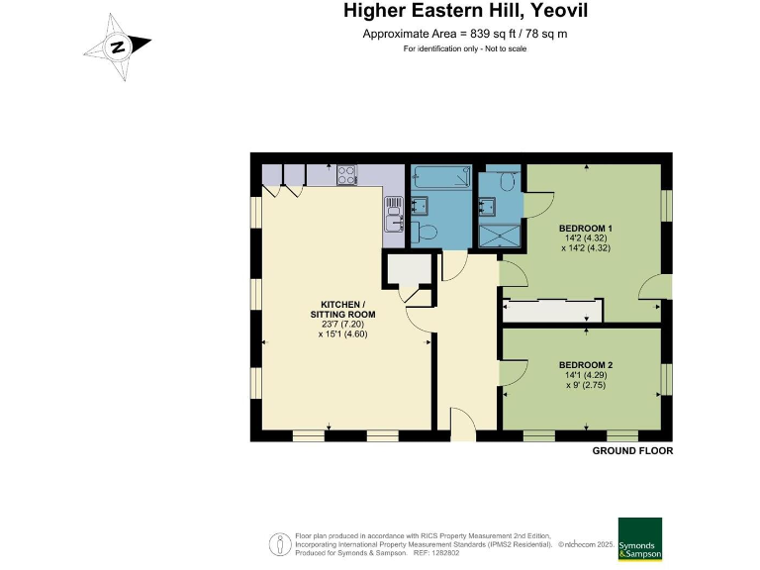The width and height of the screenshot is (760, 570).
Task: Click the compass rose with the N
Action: click(118, 47)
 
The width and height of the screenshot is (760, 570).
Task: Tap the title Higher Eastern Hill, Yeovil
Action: click(465, 10)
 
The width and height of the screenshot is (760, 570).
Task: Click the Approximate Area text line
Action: click(465, 34)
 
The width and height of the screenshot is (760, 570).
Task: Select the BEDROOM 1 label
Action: click(586, 229)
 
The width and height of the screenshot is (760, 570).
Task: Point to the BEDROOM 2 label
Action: click(586, 365)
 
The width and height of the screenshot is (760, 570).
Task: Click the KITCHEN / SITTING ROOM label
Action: click(342, 309)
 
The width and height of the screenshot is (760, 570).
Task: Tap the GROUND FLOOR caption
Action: click(632, 451)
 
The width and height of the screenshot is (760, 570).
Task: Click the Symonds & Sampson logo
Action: click(640, 539)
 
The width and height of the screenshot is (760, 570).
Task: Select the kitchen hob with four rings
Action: click(347, 175)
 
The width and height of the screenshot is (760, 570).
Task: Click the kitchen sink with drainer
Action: click(394, 214)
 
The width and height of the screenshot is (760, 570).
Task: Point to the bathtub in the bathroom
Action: click(440, 177)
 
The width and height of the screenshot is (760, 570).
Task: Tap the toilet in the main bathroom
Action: click(424, 232)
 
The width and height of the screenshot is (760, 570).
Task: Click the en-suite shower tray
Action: click(499, 236)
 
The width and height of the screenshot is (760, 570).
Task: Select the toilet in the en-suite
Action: click(508, 181)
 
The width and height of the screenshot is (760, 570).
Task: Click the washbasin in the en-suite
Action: click(487, 206)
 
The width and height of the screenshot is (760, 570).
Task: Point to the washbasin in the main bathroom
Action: click(420, 205)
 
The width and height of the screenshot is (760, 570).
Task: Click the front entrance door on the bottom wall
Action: click(464, 425)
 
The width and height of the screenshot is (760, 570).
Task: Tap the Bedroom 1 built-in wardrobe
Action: click(552, 311)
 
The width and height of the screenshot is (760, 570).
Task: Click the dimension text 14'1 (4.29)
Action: click(586, 375)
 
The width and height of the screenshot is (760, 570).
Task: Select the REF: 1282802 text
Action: click(435, 553)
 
